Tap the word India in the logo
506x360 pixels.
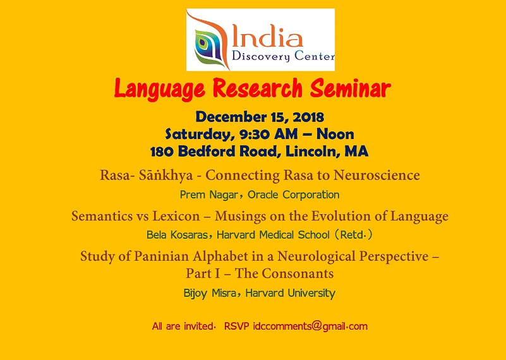(267, 37)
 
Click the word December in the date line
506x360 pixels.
(231, 117)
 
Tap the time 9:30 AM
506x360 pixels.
(268, 134)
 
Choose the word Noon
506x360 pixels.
(335, 134)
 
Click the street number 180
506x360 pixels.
(162, 152)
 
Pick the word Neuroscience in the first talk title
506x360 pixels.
(376, 175)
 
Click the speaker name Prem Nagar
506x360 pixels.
(209, 195)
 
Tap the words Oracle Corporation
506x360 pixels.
(293, 195)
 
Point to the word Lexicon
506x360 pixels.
(176, 216)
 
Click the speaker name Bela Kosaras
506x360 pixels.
(177, 234)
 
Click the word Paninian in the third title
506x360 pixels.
(161, 256)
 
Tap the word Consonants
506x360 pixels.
(297, 273)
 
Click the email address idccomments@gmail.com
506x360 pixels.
(310, 326)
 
